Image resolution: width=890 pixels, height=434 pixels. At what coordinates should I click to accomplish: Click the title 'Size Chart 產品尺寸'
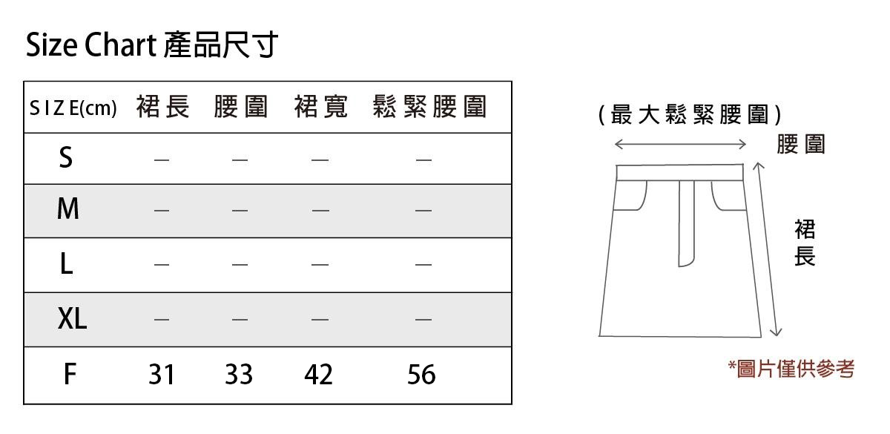[x=152, y=46]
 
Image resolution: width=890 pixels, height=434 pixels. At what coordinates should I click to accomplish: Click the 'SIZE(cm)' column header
[x=73, y=108]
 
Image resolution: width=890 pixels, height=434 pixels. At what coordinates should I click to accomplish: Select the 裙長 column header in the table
[x=163, y=108]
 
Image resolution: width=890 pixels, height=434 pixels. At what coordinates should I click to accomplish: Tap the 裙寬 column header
[x=320, y=108]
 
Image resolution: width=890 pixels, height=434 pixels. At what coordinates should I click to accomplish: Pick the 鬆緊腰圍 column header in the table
[x=430, y=108]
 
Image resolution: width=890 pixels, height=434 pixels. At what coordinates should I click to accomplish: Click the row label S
[x=66, y=158]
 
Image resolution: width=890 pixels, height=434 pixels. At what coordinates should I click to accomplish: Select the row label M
[x=67, y=210]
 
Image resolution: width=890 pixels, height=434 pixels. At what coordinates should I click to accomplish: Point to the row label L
[x=67, y=264]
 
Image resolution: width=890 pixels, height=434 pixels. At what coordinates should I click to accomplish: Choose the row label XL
[x=72, y=319]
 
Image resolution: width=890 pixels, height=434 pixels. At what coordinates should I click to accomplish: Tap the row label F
[x=69, y=375]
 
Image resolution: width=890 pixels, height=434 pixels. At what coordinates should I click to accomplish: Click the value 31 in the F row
[x=161, y=375]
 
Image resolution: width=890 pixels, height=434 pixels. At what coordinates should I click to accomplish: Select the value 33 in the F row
[x=239, y=375]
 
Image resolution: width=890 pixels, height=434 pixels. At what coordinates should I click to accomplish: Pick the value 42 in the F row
[x=318, y=375]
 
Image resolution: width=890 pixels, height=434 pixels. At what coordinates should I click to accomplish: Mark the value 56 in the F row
[x=421, y=375]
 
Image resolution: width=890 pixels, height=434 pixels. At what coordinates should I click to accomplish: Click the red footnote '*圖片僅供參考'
[x=791, y=369]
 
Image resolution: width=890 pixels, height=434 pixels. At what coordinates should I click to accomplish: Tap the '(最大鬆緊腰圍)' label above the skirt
[x=690, y=115]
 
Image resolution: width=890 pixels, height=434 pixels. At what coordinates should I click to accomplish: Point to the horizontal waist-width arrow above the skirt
[x=680, y=143]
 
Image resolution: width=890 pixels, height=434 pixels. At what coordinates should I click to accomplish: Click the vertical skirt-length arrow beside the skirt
[x=767, y=249]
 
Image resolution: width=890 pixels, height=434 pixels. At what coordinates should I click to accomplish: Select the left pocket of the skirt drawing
[x=632, y=195]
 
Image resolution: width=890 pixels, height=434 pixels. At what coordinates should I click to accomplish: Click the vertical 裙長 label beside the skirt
[x=804, y=243]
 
